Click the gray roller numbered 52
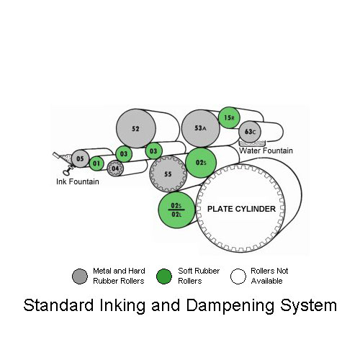coord(136,128)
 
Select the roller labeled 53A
coord(201,128)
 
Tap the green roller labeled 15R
coord(229,117)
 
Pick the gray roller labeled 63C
coord(250,132)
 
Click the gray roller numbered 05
coord(81,158)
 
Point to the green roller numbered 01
coord(96,163)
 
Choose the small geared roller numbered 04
coord(115,168)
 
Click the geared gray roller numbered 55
coord(168,174)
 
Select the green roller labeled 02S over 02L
coord(176,210)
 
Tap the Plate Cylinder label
coord(241,209)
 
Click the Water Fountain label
coord(266,150)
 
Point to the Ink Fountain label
coord(78,181)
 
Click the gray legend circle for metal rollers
coord(80,276)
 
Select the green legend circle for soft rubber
coord(164,276)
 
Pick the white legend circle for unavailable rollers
coord(238,276)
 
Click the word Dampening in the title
coord(230,305)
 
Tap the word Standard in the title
coord(58,305)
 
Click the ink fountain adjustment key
coord(67,171)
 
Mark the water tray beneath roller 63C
coord(252,143)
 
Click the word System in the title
coord(309,305)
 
